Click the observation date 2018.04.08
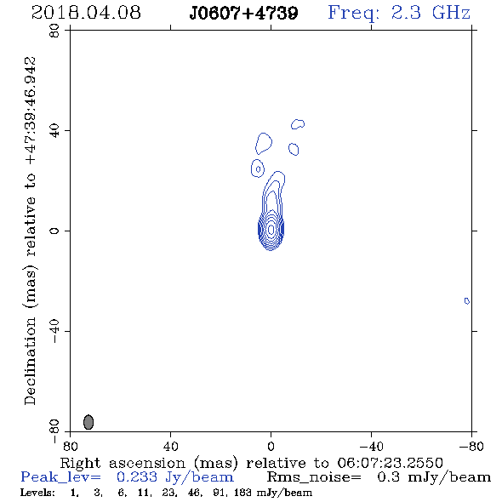(86, 13)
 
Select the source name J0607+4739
(243, 14)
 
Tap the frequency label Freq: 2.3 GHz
(399, 13)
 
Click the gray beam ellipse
(88, 422)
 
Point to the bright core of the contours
(271, 230)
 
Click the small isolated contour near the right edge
(467, 301)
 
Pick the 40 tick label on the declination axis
(54, 131)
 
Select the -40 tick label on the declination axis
(54, 331)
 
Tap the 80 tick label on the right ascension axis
(70, 447)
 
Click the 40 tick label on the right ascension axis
(170, 447)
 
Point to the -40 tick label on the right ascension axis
(371, 447)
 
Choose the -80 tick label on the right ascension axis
(471, 447)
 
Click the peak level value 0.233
(137, 477)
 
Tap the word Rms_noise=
(314, 477)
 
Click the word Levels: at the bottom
(37, 492)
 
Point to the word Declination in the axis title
(30, 361)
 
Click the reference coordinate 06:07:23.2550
(391, 463)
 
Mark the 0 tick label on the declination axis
(54, 231)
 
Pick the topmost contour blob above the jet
(298, 124)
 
